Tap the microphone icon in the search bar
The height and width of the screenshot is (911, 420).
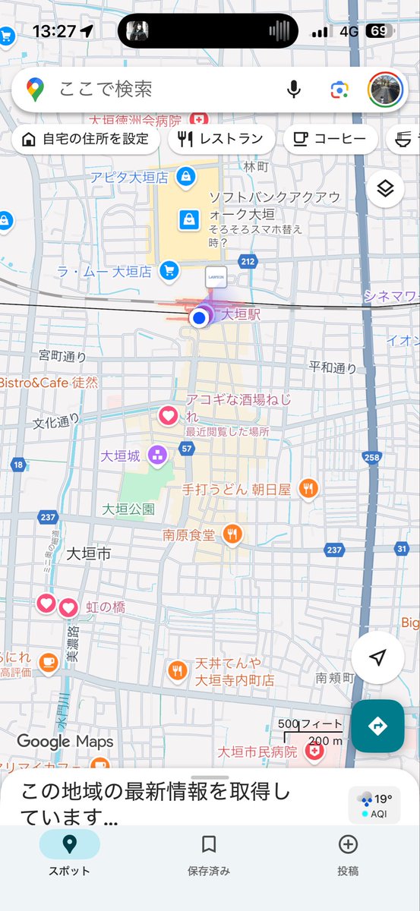[294, 90]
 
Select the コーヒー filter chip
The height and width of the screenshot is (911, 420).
[330, 139]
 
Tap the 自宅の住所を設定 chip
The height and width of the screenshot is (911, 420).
[84, 139]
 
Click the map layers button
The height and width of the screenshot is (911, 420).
[385, 189]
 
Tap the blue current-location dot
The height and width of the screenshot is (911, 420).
[200, 318]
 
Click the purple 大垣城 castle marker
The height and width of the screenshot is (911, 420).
[158, 455]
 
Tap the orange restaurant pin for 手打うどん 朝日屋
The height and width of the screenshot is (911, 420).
[308, 490]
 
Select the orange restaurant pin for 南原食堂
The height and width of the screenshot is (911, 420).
[232, 534]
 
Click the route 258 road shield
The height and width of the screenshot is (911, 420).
[371, 457]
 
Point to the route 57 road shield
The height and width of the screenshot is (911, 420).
[187, 449]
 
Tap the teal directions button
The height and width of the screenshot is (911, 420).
[377, 726]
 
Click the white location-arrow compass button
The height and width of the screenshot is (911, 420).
[377, 658]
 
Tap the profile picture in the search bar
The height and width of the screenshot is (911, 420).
[385, 90]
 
